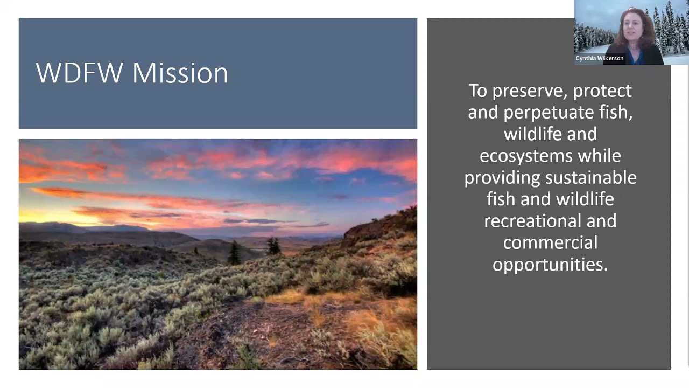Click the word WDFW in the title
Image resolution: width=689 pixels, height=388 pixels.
[79, 73]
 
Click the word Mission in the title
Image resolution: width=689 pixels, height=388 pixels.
[180, 73]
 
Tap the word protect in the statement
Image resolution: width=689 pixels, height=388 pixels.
[602, 91]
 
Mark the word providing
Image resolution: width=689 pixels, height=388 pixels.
[503, 177]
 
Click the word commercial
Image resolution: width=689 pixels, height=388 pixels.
[550, 242]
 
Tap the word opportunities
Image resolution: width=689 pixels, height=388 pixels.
[550, 265]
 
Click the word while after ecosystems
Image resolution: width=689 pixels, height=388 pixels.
[600, 156]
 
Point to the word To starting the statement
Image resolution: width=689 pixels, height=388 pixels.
[478, 91]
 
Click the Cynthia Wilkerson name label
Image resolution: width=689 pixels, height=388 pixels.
[599, 58]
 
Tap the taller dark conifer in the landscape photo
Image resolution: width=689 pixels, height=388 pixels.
[235, 253]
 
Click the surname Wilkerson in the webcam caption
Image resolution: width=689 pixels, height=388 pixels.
[612, 58]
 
